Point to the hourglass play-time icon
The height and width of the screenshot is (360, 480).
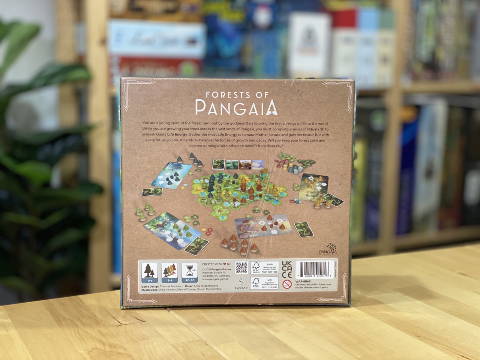tap(187, 269)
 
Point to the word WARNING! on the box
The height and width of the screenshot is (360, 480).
tap(304, 280)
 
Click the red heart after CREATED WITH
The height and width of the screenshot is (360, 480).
tap(225, 264)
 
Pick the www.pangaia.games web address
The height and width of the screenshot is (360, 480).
tap(216, 279)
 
